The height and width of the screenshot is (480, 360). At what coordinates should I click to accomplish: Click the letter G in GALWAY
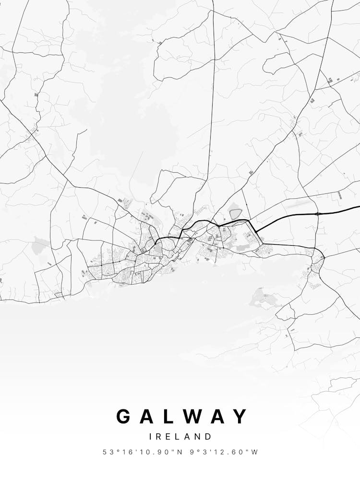coord(124,416)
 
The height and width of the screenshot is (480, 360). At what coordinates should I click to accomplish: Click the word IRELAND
coord(180,437)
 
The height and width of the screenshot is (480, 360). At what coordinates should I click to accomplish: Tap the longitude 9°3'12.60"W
coord(225,452)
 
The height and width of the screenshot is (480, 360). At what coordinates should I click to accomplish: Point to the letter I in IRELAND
coord(151,437)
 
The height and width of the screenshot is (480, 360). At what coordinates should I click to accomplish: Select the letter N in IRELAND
coord(198,437)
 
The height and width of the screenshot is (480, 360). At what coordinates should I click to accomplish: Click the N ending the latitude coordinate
coord(180,452)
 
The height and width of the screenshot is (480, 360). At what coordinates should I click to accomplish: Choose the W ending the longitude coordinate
coord(255,452)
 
